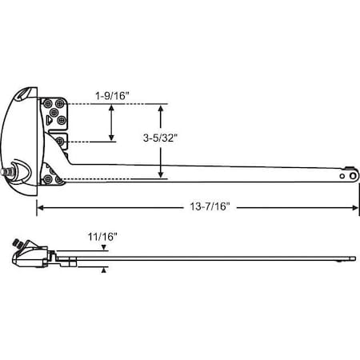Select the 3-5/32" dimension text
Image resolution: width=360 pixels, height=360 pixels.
[x=160, y=137]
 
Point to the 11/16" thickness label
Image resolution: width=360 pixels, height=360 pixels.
[x=104, y=237]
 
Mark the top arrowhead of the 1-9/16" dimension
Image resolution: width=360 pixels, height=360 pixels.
[x=111, y=107]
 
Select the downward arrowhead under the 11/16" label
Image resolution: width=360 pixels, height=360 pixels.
[x=104, y=250]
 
